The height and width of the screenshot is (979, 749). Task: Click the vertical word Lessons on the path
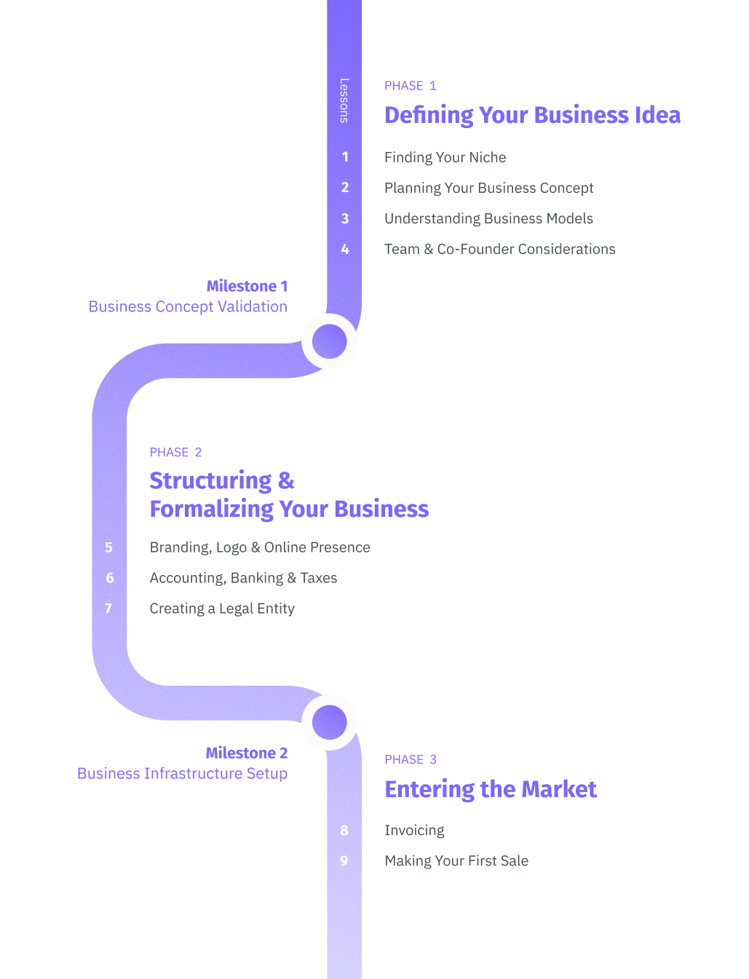coord(344,100)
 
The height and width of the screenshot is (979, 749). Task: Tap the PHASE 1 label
coord(410,86)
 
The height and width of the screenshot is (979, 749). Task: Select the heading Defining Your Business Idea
coord(532,115)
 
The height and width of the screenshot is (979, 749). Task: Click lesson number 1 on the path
coord(345,157)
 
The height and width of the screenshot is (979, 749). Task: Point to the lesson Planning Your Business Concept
coord(488,188)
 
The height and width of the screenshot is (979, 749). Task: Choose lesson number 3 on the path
coord(345,218)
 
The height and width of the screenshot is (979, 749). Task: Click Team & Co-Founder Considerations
coord(499,249)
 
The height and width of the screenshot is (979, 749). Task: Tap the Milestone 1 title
coord(247,286)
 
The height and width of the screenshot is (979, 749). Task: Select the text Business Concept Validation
coord(188,306)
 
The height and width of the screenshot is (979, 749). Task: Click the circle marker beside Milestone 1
coord(330,341)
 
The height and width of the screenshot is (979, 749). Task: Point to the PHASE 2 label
coord(175,453)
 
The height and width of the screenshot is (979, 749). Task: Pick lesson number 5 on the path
coord(109,547)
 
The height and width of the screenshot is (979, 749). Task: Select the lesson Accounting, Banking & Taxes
coord(243,578)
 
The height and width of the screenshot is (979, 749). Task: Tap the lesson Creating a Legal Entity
coord(222,609)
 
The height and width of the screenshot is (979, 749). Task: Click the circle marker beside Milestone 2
coord(330,722)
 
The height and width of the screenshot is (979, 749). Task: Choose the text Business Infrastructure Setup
coord(182,773)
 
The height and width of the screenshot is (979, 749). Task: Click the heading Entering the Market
coord(491,789)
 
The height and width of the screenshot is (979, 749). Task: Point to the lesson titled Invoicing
coord(414,831)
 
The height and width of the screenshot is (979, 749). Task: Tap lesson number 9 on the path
coord(344,861)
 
